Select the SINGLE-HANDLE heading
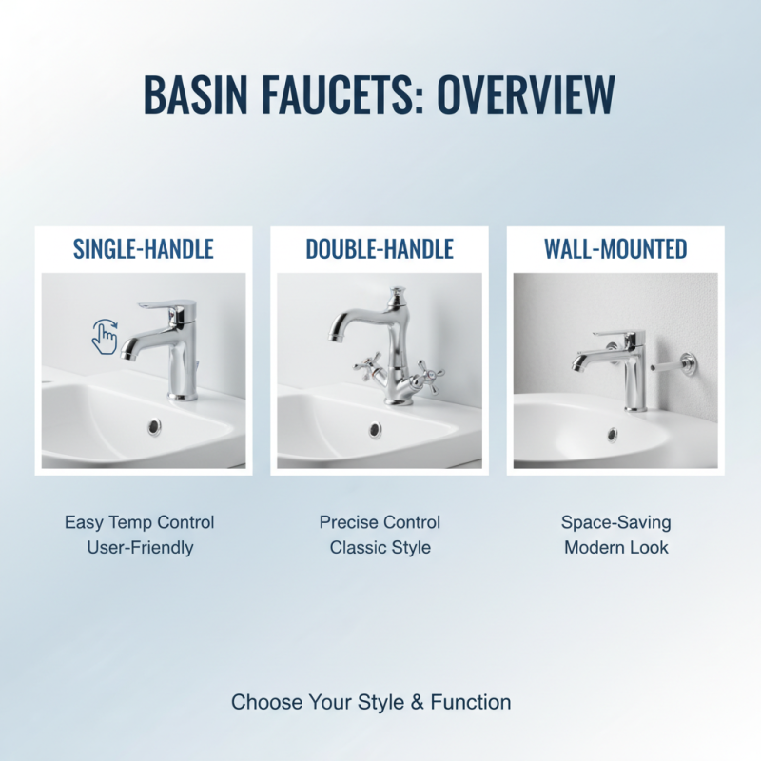tap(144, 249)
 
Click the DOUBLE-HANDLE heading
tap(380, 249)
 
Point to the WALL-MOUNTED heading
tap(615, 249)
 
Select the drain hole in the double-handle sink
tap(376, 429)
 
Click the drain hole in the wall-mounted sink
tap(612, 435)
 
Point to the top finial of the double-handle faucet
tap(394, 290)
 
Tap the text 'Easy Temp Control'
tap(140, 522)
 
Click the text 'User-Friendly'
tap(140, 548)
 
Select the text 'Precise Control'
tap(380, 522)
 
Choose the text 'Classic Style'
tap(380, 548)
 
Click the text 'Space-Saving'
tap(615, 522)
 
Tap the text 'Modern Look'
tap(615, 548)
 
